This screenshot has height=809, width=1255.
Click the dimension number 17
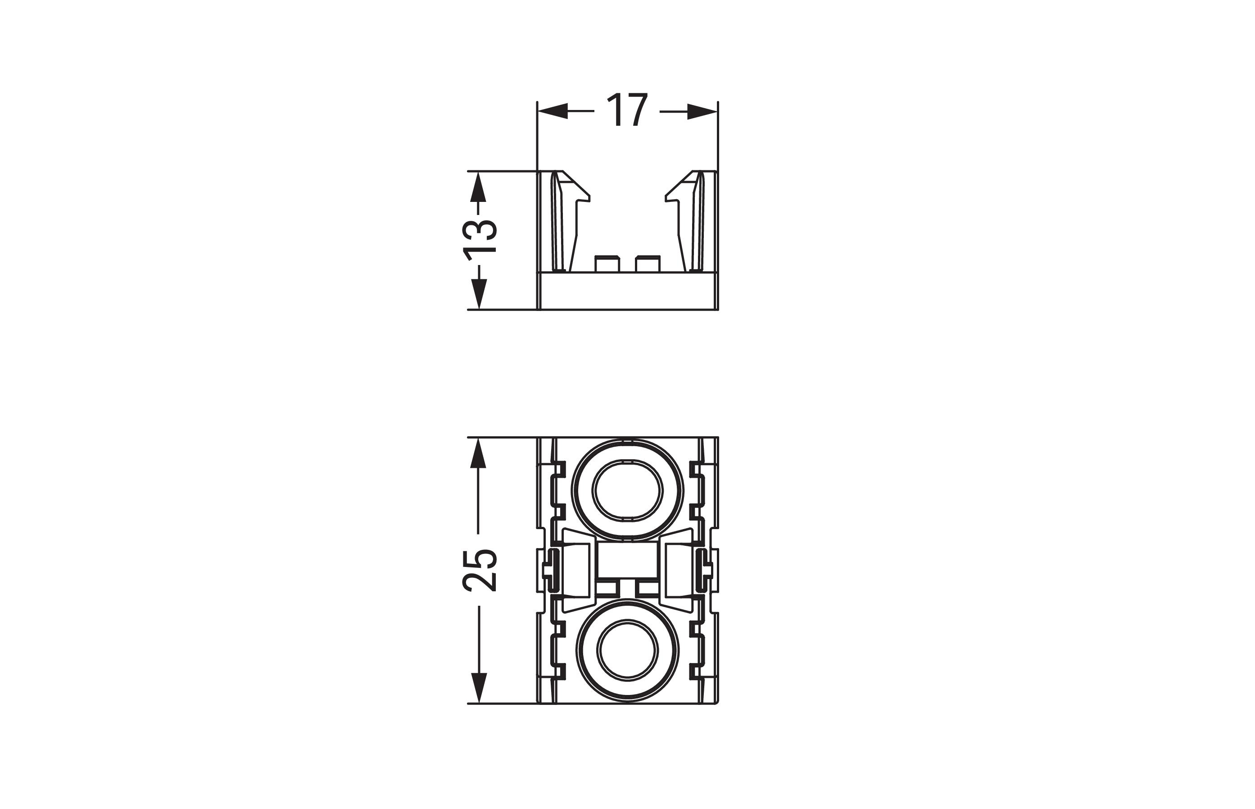click(627, 110)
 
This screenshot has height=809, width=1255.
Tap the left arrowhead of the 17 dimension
click(553, 111)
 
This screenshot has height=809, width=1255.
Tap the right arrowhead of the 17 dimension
click(702, 111)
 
